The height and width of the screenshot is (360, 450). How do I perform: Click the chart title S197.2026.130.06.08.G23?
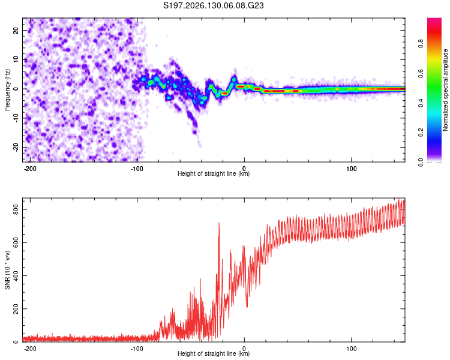click(x=213, y=5)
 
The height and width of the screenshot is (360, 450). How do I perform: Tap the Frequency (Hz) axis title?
click(x=7, y=89)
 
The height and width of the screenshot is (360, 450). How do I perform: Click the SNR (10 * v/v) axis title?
click(x=7, y=270)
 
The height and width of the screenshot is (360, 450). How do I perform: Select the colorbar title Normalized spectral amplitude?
click(x=445, y=90)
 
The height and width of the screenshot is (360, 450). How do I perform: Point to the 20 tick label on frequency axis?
click(x=16, y=30)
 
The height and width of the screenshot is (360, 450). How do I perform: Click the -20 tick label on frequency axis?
click(x=16, y=147)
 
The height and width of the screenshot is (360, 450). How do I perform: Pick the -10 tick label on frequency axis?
click(x=16, y=118)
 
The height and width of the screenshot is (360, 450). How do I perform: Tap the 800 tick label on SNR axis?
click(x=16, y=209)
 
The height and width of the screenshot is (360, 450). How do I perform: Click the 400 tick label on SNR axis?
click(x=16, y=275)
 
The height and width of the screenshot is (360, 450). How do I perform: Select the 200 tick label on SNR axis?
click(x=16, y=309)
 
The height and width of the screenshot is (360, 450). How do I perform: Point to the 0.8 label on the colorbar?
click(x=421, y=44)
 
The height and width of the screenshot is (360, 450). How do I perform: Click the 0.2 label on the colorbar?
click(x=421, y=132)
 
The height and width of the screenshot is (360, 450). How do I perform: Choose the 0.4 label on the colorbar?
click(x=421, y=103)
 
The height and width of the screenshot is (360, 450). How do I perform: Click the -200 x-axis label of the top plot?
click(x=29, y=169)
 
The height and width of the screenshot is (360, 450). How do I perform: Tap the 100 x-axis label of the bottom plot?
click(x=351, y=349)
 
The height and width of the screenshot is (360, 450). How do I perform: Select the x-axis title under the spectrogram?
click(x=214, y=173)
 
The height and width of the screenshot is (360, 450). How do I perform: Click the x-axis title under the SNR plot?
click(x=214, y=353)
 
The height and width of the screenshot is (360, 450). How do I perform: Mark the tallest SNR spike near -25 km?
click(x=219, y=223)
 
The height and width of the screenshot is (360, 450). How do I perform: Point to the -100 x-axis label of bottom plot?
click(x=137, y=349)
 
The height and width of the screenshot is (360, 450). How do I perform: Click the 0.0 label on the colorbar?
click(x=421, y=162)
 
